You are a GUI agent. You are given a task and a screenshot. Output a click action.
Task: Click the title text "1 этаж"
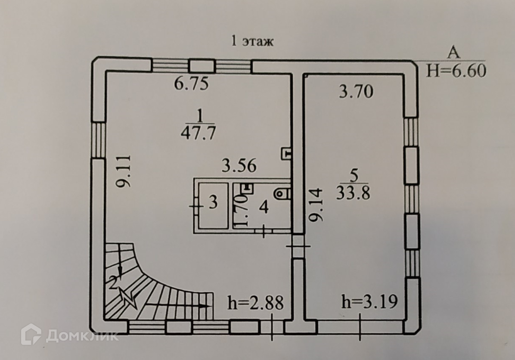253,42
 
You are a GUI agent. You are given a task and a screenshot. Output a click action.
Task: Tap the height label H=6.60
456,70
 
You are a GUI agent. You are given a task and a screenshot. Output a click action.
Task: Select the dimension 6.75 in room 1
191,83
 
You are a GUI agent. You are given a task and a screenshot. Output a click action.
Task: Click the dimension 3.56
239,165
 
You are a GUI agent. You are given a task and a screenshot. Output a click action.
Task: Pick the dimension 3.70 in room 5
355,91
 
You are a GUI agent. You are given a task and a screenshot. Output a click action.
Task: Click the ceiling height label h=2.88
255,303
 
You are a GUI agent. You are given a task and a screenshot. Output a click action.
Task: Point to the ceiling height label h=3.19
369,301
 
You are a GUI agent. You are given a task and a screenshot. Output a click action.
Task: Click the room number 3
213,203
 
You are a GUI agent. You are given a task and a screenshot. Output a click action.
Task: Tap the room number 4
264,208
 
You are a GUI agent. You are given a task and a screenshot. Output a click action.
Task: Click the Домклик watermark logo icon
31,335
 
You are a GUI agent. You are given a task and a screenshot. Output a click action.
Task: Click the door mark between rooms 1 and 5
298,246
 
